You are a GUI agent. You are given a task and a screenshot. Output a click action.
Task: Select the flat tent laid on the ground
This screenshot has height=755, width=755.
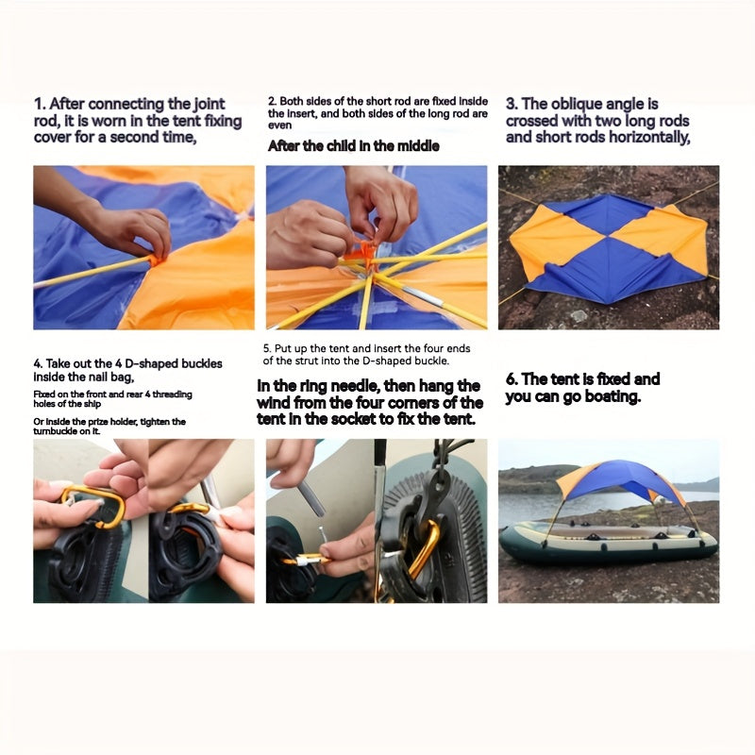609,247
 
